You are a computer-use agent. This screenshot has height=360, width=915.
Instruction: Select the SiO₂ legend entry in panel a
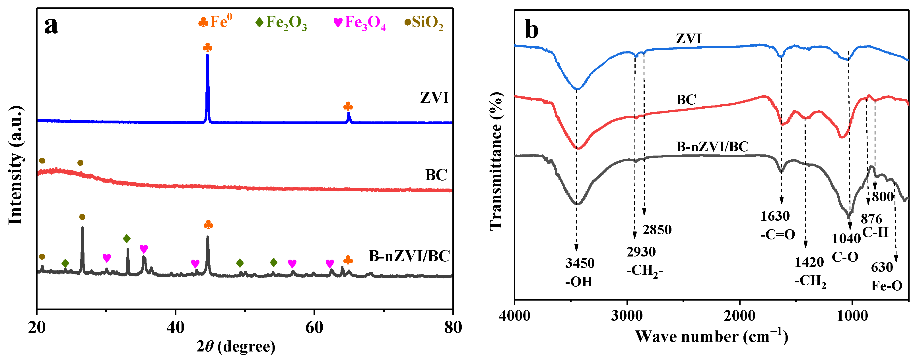[424, 23]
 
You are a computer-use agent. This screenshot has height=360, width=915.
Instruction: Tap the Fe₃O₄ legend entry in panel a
[359, 23]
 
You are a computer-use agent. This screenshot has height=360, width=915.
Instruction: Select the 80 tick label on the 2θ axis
[453, 327]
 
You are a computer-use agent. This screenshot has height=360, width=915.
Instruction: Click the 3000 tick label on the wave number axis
[627, 315]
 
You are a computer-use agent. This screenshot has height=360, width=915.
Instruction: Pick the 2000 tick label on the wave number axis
[740, 315]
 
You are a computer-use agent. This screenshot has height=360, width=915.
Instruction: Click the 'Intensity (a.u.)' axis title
[16, 165]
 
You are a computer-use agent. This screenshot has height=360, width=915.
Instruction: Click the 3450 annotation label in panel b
[580, 263]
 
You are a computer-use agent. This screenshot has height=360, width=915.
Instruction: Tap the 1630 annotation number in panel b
[775, 216]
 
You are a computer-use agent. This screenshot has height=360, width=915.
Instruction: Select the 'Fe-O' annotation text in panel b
[887, 286]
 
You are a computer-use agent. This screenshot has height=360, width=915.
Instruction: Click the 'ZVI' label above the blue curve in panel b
[688, 38]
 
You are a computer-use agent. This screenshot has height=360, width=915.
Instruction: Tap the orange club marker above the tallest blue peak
[207, 47]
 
